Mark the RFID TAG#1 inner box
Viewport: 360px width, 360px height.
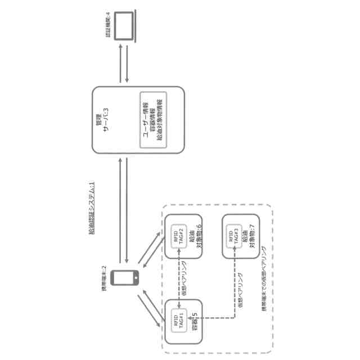click(x=178, y=321)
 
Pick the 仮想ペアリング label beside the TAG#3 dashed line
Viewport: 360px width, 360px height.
click(x=240, y=285)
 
